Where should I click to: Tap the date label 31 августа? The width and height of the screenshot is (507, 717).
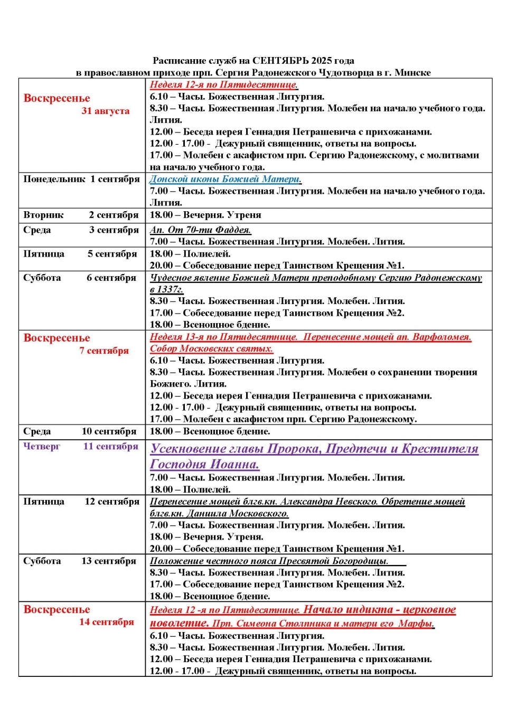105,111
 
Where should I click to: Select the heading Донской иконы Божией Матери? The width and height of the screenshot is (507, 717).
225,179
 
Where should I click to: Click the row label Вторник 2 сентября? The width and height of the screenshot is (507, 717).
80,215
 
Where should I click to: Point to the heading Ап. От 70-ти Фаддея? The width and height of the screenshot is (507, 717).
200,230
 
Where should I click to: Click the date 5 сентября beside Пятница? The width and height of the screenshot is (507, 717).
112,254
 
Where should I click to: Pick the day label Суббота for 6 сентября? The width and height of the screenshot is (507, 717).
42,278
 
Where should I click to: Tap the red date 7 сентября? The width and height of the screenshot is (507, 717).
104,351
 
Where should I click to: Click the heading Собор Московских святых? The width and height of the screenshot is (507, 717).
211,348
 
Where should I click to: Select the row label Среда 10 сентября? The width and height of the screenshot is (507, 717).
79,431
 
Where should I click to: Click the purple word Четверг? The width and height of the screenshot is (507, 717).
42,446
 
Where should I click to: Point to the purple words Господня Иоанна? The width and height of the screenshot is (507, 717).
204,464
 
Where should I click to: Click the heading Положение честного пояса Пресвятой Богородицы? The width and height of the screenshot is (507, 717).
269,561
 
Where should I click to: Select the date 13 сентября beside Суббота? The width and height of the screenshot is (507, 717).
109,561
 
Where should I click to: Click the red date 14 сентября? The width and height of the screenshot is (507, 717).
107,622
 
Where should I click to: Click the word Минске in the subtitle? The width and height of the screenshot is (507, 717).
412,72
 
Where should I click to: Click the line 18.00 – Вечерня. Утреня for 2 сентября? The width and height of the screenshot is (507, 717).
205,215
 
